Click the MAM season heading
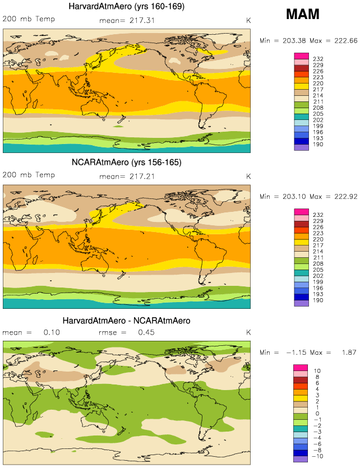302,15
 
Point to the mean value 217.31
143,20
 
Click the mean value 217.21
143,175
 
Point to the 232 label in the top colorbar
317,59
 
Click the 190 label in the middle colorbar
317,300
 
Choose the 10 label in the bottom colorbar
316,370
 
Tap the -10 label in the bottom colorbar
317,457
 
